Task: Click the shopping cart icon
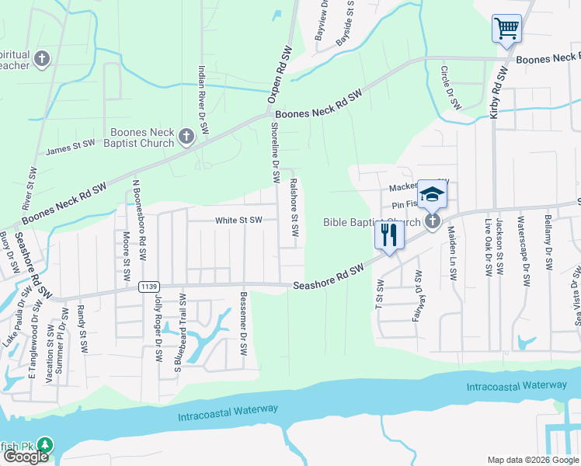(x=506, y=30)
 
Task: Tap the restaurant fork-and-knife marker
(x=389, y=235)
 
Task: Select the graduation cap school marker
(x=432, y=194)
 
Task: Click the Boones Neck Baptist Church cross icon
(x=186, y=137)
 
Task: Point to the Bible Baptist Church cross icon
(x=433, y=222)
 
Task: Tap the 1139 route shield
(x=150, y=287)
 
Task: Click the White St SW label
(x=238, y=221)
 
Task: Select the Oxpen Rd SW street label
(x=279, y=75)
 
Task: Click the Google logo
(x=26, y=457)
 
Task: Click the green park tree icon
(x=46, y=445)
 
